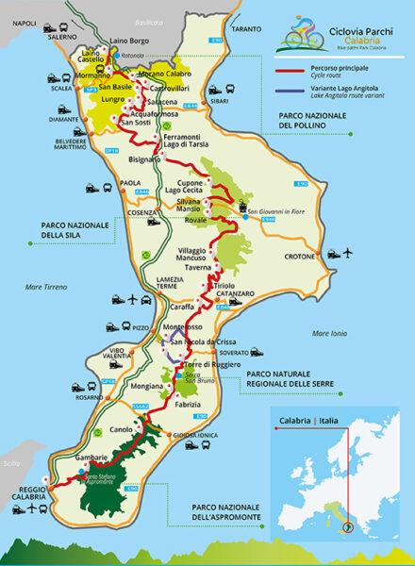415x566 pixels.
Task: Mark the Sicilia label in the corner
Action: point(11,464)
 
